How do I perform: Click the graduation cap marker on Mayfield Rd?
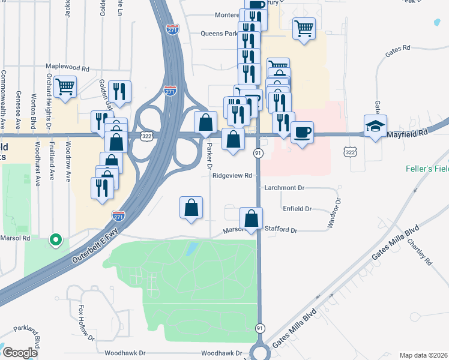pos(375,126)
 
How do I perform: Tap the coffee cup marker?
pos(303,131)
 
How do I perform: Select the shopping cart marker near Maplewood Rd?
pos(65,86)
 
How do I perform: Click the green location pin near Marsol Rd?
pos(56,239)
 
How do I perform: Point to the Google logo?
pos(20,353)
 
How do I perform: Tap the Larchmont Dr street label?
pos(285,188)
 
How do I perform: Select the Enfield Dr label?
pos(297,209)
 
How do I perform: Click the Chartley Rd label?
pos(420,253)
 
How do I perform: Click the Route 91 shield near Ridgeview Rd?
pos(257,153)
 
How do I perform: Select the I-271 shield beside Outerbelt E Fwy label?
pos(118,215)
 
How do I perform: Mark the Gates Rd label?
pos(397,47)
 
